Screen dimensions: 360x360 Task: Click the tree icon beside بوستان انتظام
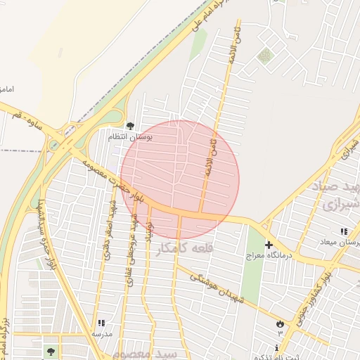[130, 126]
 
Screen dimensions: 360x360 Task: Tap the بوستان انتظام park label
[129, 136]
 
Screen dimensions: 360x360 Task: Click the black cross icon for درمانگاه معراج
[269, 245]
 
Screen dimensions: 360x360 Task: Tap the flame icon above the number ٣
[281, 322]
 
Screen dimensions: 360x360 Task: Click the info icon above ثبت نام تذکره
[277, 348]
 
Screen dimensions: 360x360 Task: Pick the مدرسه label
[103, 333]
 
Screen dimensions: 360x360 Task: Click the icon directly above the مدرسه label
[103, 322]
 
